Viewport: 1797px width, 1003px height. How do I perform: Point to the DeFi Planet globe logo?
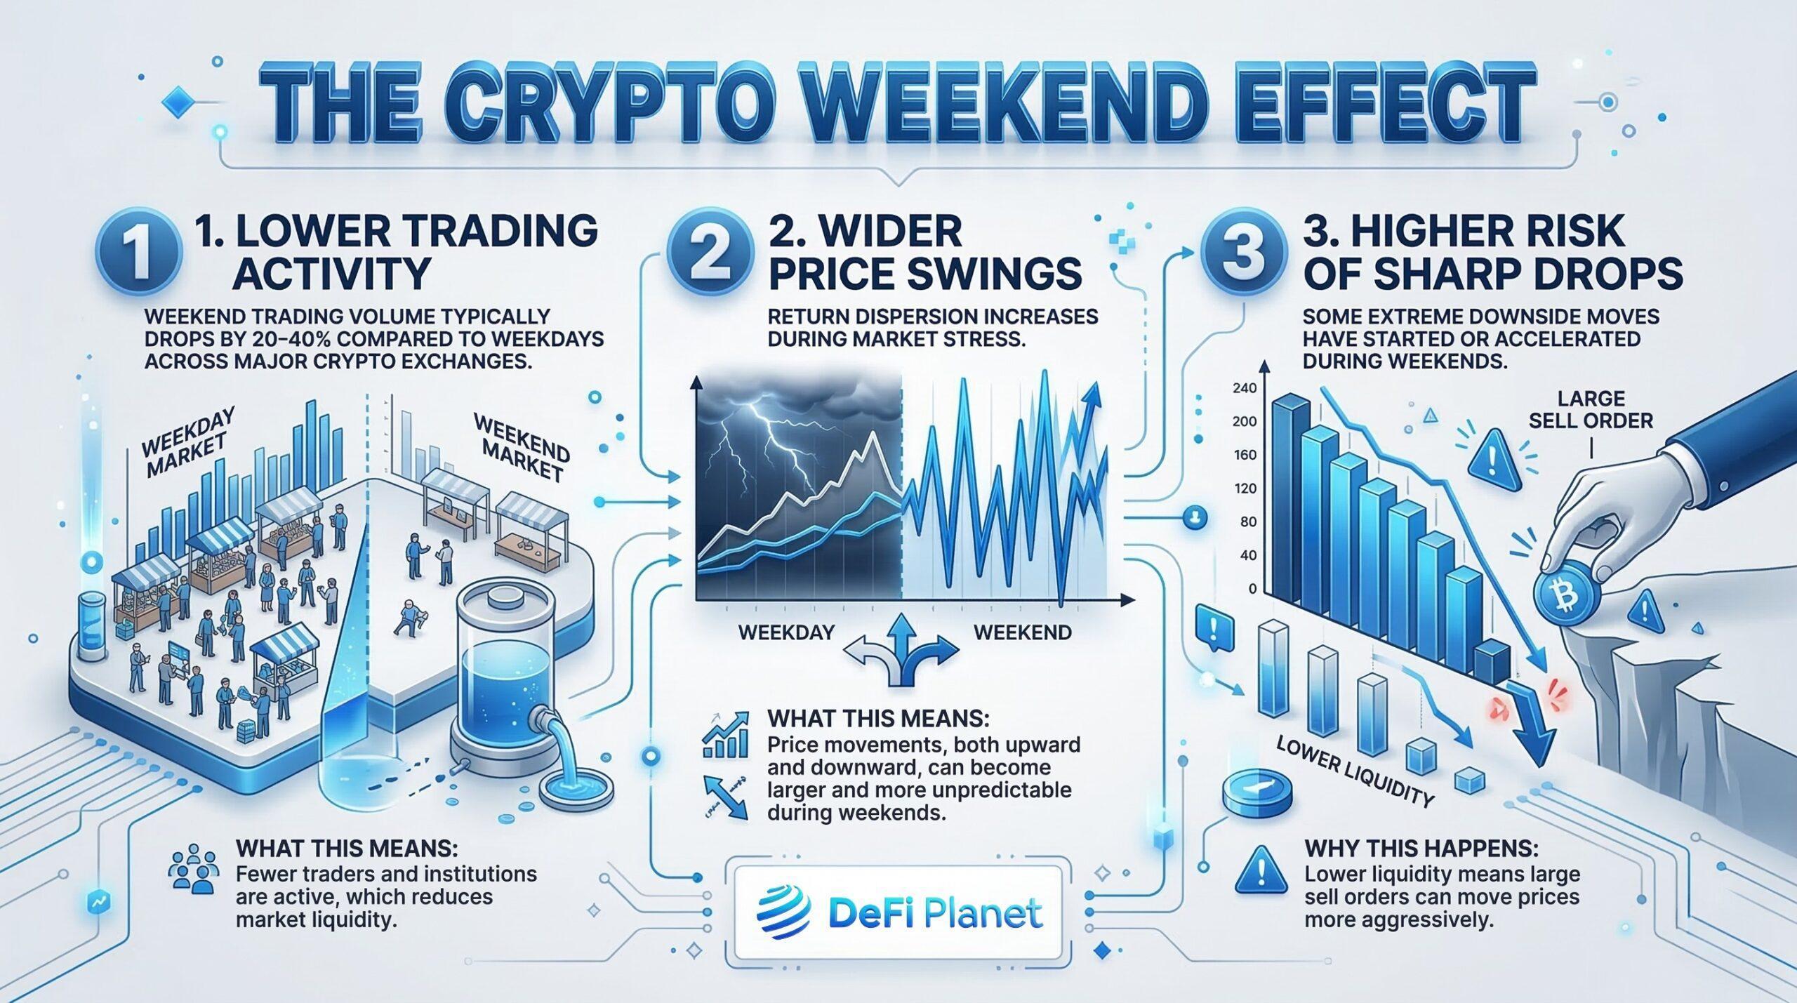point(784,912)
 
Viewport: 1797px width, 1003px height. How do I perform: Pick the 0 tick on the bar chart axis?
point(1252,589)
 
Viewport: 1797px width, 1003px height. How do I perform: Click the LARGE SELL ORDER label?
point(1591,410)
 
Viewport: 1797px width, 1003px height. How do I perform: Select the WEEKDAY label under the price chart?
point(786,632)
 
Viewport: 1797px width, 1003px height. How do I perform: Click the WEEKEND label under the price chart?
point(1023,632)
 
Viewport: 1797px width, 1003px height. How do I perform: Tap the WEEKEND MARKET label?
point(522,447)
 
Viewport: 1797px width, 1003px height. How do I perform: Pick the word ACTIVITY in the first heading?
point(331,274)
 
